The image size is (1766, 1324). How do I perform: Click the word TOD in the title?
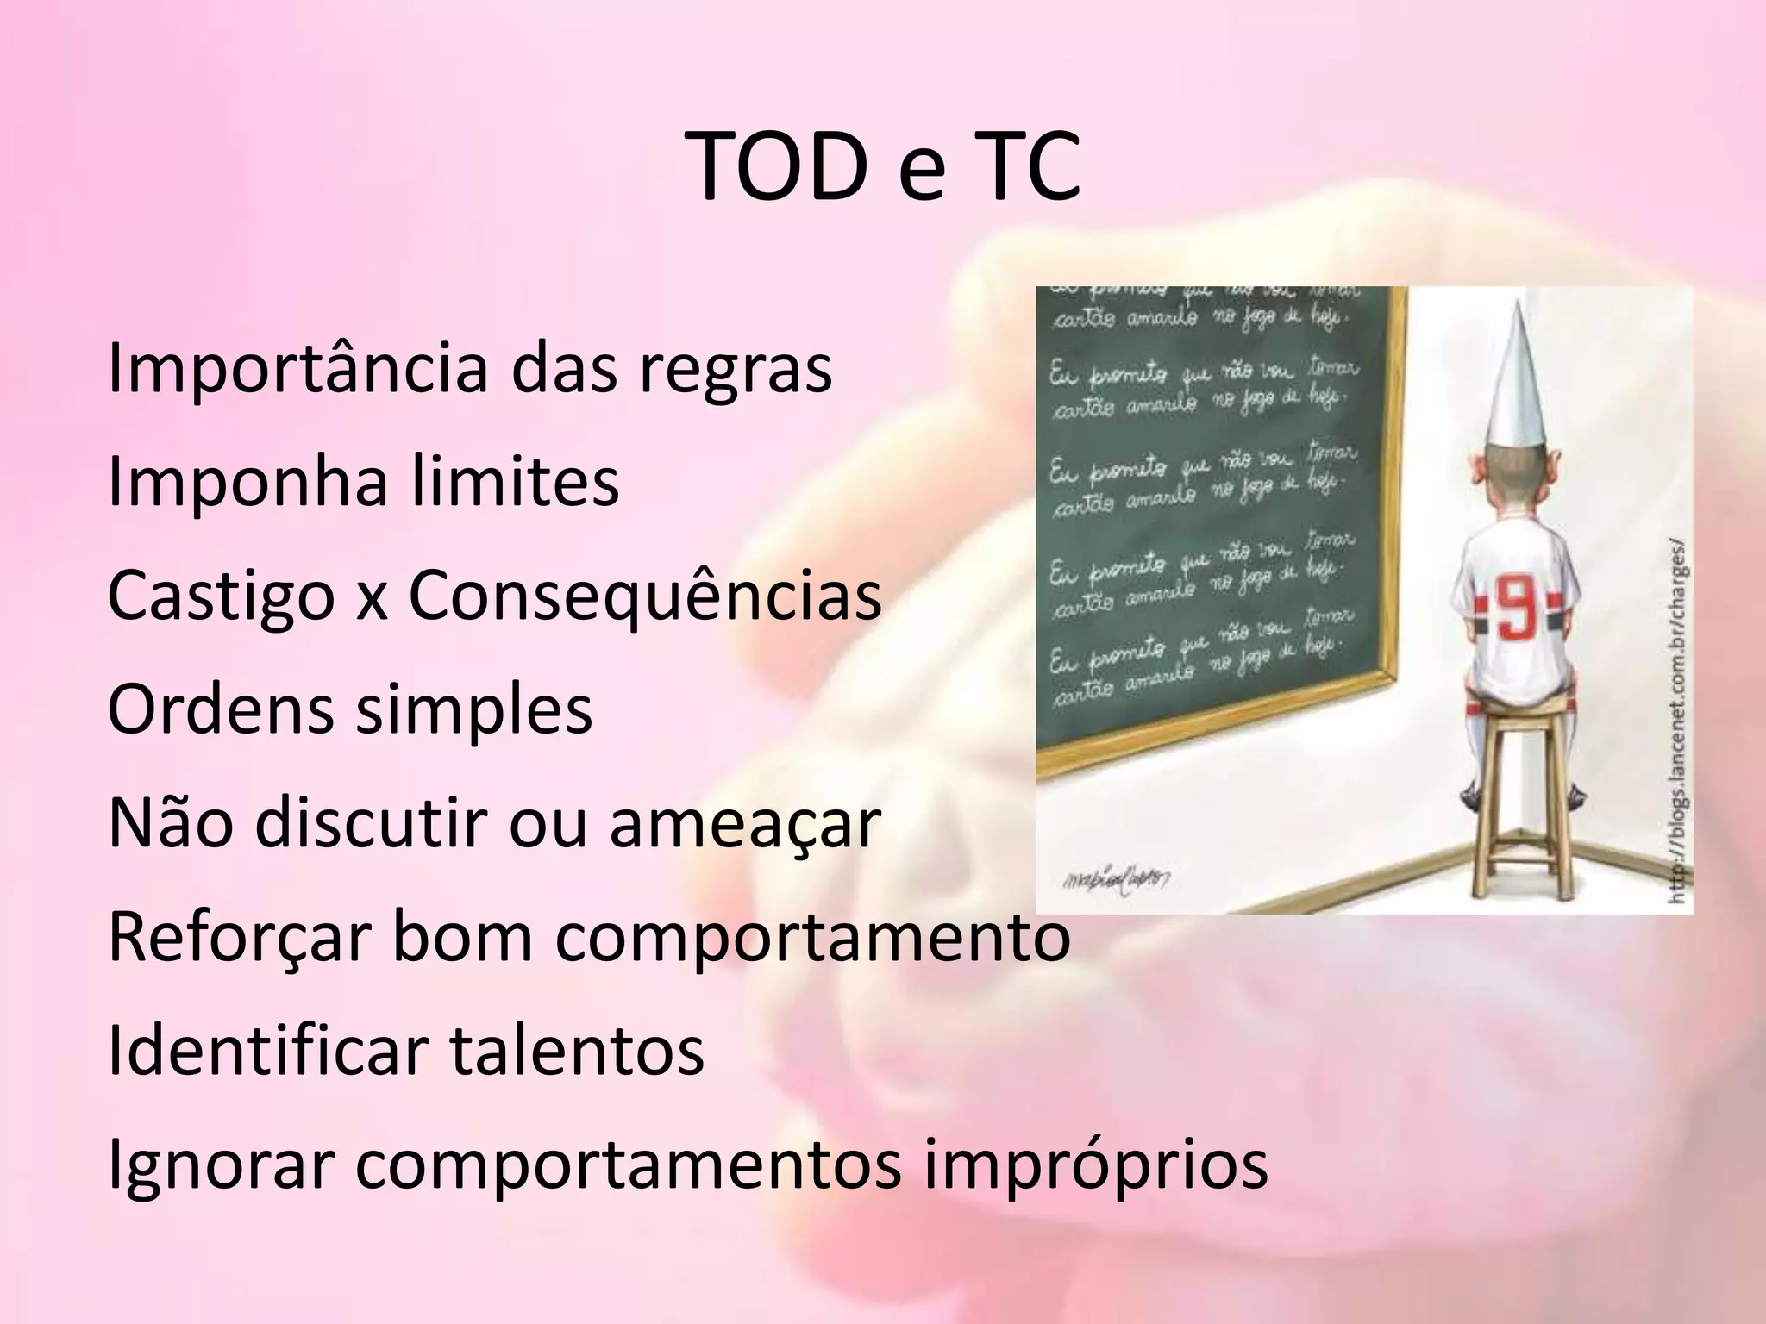pos(781,168)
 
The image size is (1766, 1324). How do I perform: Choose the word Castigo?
pos(221,596)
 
